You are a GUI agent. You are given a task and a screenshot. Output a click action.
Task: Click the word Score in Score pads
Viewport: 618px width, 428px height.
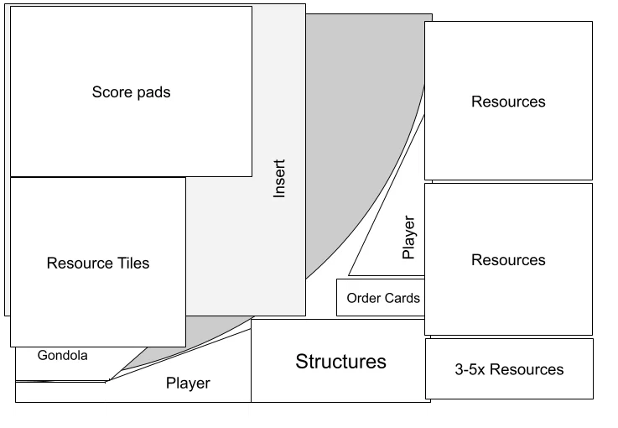point(112,92)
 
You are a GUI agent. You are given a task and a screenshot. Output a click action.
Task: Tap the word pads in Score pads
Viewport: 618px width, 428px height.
point(154,92)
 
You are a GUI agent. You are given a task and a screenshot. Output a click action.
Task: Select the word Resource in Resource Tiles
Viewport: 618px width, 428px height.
point(75,264)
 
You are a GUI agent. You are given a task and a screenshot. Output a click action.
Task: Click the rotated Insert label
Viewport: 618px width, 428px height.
point(279,178)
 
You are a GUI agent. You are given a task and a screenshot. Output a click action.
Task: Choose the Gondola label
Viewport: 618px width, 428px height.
point(63,356)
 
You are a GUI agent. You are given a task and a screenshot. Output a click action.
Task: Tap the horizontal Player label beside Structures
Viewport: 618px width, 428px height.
point(188,383)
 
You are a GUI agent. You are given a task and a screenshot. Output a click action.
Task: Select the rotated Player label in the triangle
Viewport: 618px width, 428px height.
point(408,237)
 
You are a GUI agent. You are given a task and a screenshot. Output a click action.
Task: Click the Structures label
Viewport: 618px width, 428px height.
point(341,362)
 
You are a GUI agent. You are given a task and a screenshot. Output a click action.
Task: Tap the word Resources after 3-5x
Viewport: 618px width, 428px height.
point(527,369)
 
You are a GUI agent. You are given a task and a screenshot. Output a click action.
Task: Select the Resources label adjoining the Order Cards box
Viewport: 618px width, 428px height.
point(508,260)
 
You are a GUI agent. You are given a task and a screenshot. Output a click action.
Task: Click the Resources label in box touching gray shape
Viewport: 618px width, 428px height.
point(508,102)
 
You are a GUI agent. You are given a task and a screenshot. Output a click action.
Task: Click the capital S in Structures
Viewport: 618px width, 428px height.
point(302,362)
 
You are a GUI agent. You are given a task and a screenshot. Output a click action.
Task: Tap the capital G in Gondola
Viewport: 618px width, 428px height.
point(42,356)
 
